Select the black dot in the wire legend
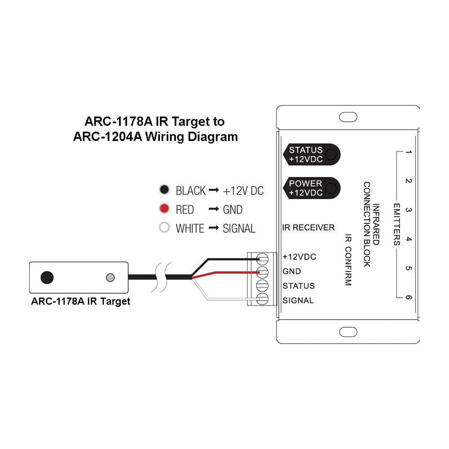tap(165, 190)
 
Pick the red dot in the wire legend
tap(165, 209)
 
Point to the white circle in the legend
tap(165, 228)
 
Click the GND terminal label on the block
tap(292, 272)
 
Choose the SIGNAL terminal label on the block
tap(298, 300)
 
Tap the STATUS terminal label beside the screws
tap(299, 286)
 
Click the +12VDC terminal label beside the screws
tap(299, 257)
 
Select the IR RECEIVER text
tap(308, 228)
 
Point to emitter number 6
tap(408, 297)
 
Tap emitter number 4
tap(408, 240)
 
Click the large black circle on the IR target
tap(47, 277)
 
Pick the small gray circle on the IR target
tap(110, 277)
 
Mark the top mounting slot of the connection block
tap(348, 117)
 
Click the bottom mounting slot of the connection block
tap(348, 332)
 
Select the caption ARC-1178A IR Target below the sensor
tap(80, 301)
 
